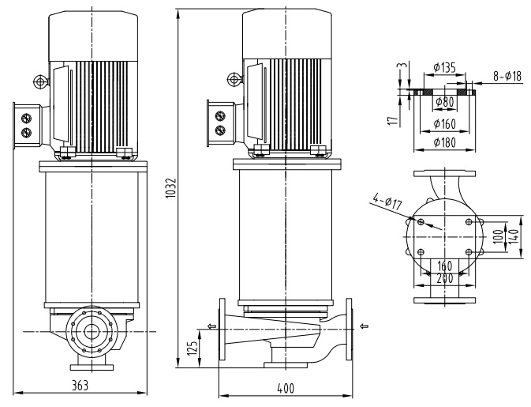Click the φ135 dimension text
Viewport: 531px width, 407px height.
click(445, 69)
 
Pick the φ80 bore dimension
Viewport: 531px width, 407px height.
click(444, 103)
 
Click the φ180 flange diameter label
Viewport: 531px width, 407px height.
click(445, 142)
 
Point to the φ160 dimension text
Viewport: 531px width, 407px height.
click(445, 124)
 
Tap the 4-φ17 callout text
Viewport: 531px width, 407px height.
click(387, 204)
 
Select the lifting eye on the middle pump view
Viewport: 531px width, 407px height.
click(231, 78)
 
